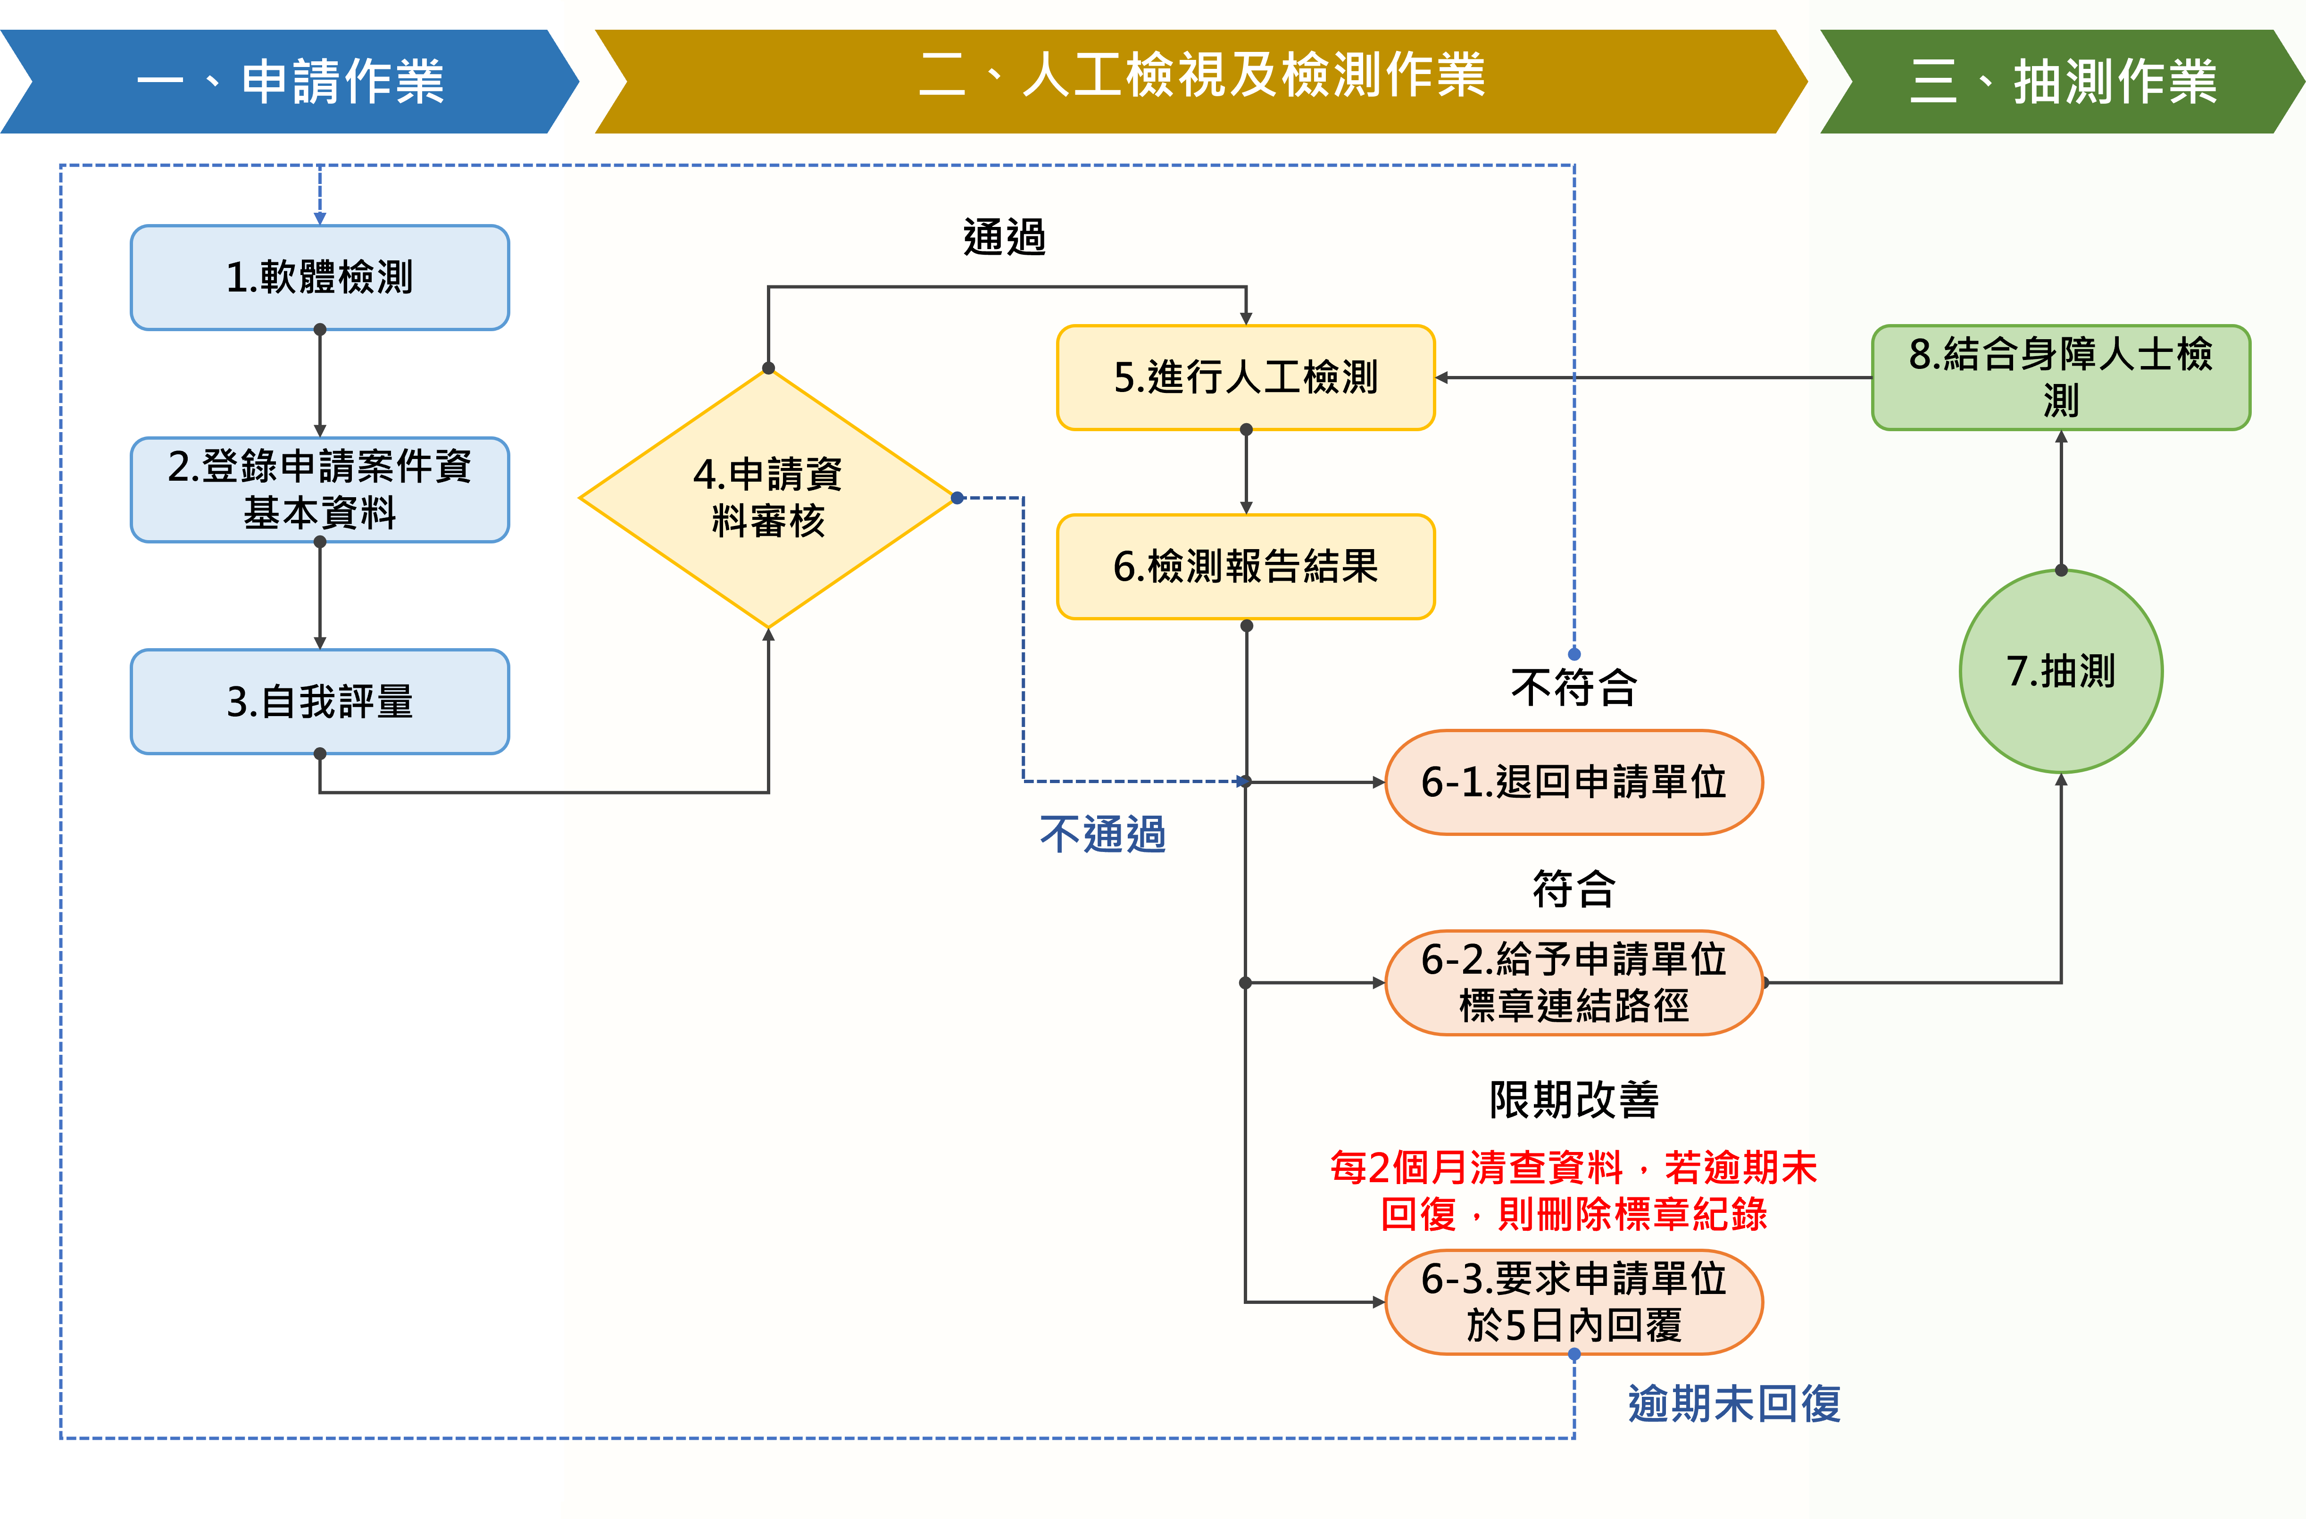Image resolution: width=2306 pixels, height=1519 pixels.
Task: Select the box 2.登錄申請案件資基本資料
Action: [320, 489]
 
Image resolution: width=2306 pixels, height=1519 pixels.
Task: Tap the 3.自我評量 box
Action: [320, 701]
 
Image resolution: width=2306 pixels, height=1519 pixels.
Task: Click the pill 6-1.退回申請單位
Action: [1573, 782]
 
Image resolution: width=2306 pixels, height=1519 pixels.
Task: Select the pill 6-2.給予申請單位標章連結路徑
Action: [1573, 982]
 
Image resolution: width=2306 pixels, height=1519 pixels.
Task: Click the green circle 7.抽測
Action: [2061, 671]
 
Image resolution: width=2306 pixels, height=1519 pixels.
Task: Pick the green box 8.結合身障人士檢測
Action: [2061, 377]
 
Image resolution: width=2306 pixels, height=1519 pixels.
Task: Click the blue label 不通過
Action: [1103, 834]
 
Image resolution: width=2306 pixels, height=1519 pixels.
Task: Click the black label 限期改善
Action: [1573, 1100]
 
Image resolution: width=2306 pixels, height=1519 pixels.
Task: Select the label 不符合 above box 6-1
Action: [1573, 688]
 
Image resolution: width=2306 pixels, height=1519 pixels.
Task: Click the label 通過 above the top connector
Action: [1004, 237]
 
